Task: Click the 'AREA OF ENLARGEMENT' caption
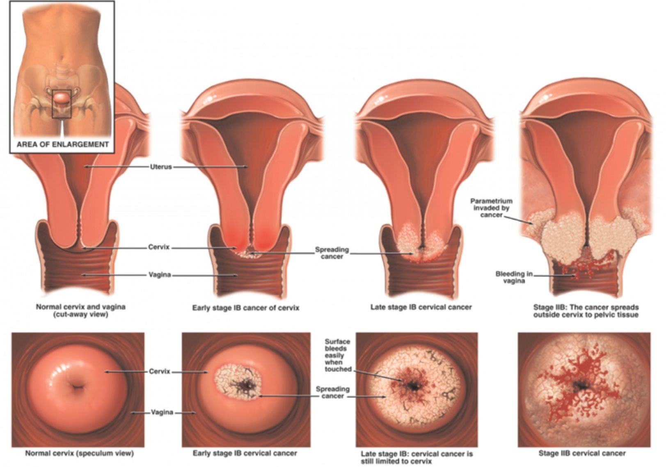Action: (62, 144)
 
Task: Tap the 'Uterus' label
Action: (161, 167)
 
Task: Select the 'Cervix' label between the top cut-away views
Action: (159, 247)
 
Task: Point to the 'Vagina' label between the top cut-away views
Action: (160, 275)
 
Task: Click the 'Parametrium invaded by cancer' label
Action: (491, 208)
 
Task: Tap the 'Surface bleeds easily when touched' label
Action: (338, 355)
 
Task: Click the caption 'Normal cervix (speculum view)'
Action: (80, 453)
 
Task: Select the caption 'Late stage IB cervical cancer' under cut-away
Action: (421, 307)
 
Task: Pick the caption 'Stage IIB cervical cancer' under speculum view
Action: (582, 453)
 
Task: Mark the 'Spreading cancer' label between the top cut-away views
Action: (332, 253)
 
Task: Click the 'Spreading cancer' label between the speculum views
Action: (332, 392)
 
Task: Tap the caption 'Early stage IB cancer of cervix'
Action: (246, 308)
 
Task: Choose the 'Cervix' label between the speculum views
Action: (159, 371)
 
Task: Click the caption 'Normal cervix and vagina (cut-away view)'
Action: (80, 311)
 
